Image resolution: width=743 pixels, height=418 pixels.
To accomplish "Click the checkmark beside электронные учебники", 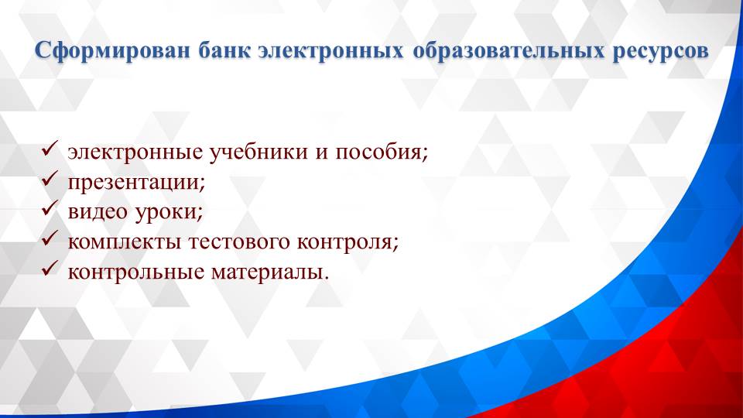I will (50, 149).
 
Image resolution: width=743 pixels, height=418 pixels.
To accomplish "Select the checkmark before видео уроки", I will (50, 210).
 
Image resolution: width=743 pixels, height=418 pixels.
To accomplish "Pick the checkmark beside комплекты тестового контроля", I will (50, 240).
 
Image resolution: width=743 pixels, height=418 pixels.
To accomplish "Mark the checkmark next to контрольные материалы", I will (50, 270).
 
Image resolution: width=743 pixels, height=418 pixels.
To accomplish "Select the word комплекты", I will (124, 242).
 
